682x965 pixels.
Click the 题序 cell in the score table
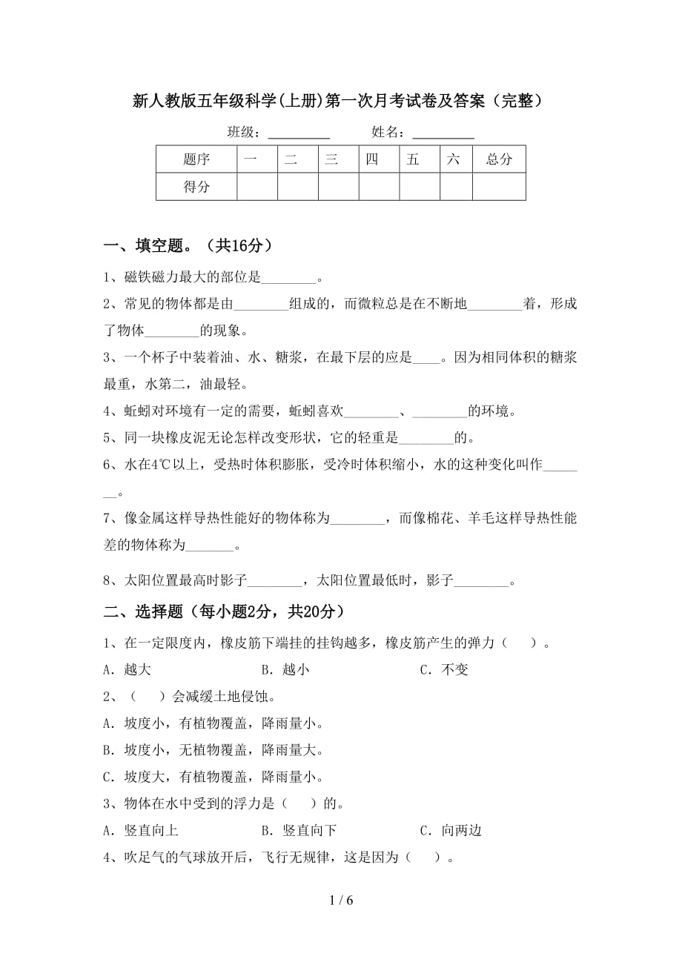(196, 159)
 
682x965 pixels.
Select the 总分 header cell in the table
(499, 159)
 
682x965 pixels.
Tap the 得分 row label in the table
(196, 187)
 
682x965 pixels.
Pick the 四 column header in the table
(372, 159)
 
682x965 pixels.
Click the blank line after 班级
(298, 133)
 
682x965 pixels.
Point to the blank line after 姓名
(443, 133)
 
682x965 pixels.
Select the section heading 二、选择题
(223, 611)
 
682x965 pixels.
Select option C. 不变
(444, 669)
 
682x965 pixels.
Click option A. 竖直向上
(141, 831)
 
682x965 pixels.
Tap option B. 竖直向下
(299, 831)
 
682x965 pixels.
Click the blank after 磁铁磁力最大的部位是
(289, 279)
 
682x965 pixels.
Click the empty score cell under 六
(456, 187)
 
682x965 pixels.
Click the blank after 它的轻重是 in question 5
(426, 437)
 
